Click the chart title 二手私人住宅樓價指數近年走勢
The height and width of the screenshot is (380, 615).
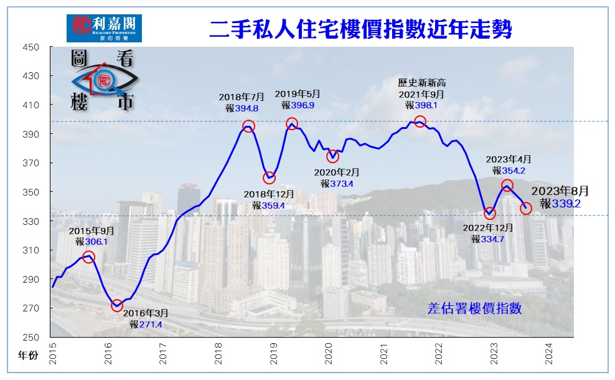(x=361, y=29)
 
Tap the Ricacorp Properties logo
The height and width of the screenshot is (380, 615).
(x=104, y=28)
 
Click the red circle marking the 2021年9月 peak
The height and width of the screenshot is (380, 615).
(x=420, y=122)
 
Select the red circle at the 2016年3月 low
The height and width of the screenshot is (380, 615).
(x=117, y=306)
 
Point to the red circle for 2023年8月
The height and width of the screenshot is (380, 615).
(x=526, y=208)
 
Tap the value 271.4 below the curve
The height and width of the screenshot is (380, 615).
(x=150, y=325)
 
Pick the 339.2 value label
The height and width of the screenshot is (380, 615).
(x=566, y=203)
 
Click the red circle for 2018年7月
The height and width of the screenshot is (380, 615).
(x=248, y=126)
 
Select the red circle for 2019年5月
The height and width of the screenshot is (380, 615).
(x=292, y=124)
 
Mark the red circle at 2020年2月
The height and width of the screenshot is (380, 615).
(x=332, y=156)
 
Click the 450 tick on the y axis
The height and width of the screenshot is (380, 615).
(x=31, y=47)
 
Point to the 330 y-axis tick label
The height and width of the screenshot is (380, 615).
(x=31, y=222)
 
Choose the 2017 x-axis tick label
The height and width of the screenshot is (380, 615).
(x=163, y=356)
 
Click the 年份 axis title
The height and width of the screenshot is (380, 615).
(x=27, y=356)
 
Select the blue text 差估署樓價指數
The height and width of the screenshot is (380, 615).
(x=474, y=308)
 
